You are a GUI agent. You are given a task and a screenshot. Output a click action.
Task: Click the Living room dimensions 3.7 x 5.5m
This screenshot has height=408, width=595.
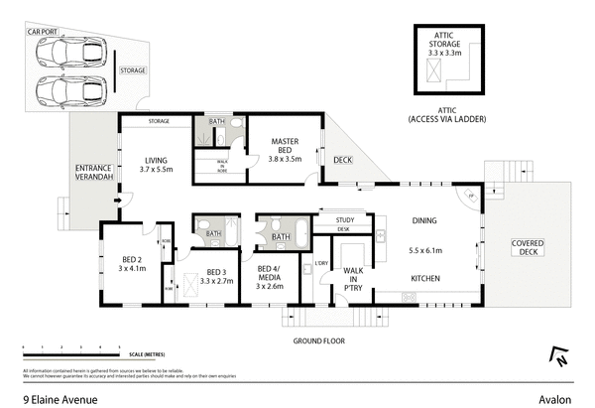[157, 171]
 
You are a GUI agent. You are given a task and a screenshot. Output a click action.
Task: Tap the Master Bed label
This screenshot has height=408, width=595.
[286, 148]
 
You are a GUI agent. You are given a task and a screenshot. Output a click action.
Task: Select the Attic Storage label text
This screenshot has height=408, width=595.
[443, 45]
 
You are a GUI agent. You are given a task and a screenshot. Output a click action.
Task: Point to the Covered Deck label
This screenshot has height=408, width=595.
[526, 247]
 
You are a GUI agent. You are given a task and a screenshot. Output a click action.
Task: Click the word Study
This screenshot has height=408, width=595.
[345, 220]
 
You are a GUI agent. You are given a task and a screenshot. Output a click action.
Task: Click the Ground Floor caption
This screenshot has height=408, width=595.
[318, 340]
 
